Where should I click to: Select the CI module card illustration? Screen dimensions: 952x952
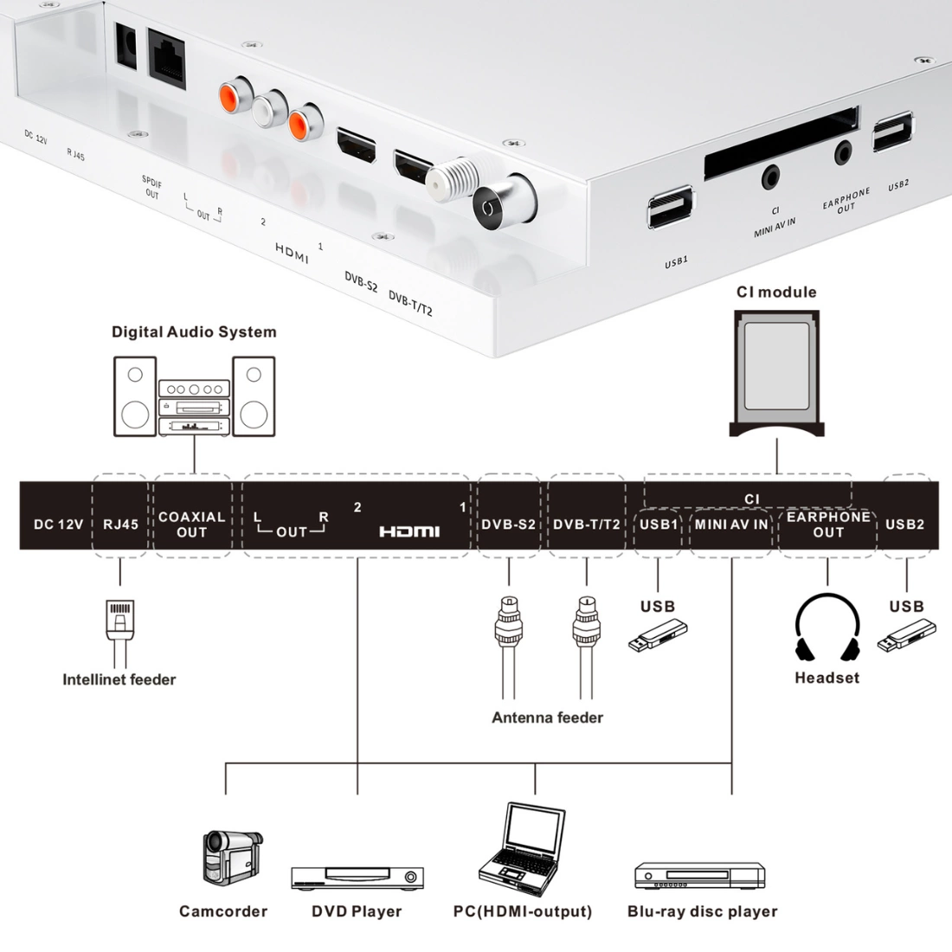click(x=776, y=372)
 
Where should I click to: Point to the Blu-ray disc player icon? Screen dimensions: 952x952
click(x=700, y=876)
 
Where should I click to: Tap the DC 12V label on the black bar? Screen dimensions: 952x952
click(x=59, y=524)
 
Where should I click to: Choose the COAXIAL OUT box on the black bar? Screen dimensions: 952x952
click(x=192, y=524)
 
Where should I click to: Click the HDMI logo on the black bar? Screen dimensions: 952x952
click(x=409, y=531)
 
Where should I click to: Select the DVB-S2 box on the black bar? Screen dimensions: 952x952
click(x=509, y=524)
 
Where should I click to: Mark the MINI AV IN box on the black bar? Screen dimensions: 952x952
click(x=731, y=524)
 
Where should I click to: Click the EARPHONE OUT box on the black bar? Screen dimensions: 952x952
click(x=828, y=524)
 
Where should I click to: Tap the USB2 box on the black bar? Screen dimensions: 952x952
click(x=905, y=524)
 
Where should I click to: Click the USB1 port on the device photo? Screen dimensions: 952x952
click(x=670, y=209)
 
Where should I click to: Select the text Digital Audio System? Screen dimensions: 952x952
click(x=194, y=332)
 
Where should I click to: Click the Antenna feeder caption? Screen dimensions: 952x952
click(x=547, y=717)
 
